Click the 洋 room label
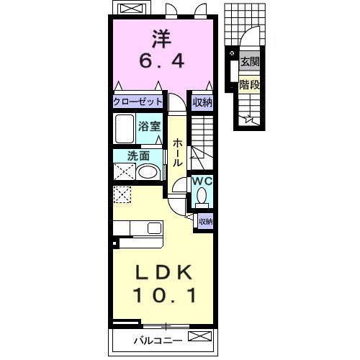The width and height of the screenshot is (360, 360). tap(162, 39)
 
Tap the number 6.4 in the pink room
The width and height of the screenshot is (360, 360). tap(162, 60)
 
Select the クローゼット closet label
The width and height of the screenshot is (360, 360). tap(138, 102)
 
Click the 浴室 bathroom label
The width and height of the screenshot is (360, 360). tap(149, 126)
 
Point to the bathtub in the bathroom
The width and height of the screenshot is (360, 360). tap(125, 129)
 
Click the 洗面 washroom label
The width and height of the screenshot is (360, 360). tap(138, 156)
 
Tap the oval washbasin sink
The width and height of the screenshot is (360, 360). tap(148, 172)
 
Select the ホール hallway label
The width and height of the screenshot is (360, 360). tap(177, 153)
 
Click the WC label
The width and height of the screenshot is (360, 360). tap(202, 181)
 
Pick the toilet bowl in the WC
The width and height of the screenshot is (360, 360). tap(202, 196)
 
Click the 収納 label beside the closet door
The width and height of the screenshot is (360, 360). tap(202, 103)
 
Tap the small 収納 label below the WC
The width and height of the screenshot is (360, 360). tap(206, 221)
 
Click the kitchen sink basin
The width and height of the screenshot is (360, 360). tap(154, 228)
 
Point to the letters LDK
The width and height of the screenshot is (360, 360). tap(163, 272)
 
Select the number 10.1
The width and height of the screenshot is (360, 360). tap(165, 294)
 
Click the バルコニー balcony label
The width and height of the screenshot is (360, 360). tap(158, 341)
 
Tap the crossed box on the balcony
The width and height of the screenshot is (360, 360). tap(199, 336)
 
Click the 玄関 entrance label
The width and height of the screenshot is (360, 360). tap(250, 62)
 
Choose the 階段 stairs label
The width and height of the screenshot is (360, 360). tap(250, 84)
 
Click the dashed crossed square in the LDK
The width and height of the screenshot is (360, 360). tap(122, 194)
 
